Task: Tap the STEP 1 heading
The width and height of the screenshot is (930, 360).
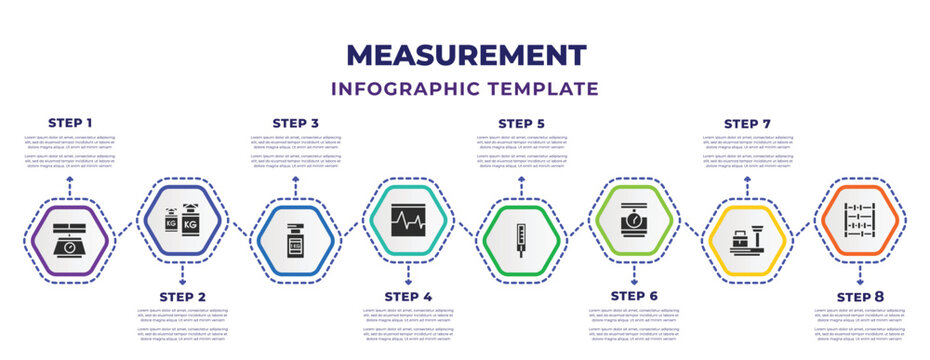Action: pyautogui.click(x=70, y=123)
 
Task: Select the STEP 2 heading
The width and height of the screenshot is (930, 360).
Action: pyautogui.click(x=182, y=297)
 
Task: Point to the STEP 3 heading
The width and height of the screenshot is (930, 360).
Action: pyautogui.click(x=295, y=123)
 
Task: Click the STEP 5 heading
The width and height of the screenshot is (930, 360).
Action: pyautogui.click(x=521, y=123)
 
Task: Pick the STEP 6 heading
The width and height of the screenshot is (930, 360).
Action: pyautogui.click(x=633, y=297)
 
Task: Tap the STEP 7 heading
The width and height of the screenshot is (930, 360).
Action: pyautogui.click(x=746, y=123)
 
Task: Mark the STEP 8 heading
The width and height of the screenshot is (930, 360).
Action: pyautogui.click(x=859, y=297)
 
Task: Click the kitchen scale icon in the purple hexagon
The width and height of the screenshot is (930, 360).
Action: pyautogui.click(x=70, y=241)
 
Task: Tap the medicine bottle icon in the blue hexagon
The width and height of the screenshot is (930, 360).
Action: pyautogui.click(x=295, y=241)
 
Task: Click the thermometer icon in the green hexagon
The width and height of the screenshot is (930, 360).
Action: pyautogui.click(x=521, y=241)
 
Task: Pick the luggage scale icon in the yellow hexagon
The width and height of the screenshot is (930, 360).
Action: pyautogui.click(x=746, y=241)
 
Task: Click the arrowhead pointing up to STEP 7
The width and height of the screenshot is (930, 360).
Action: pyautogui.click(x=746, y=178)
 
